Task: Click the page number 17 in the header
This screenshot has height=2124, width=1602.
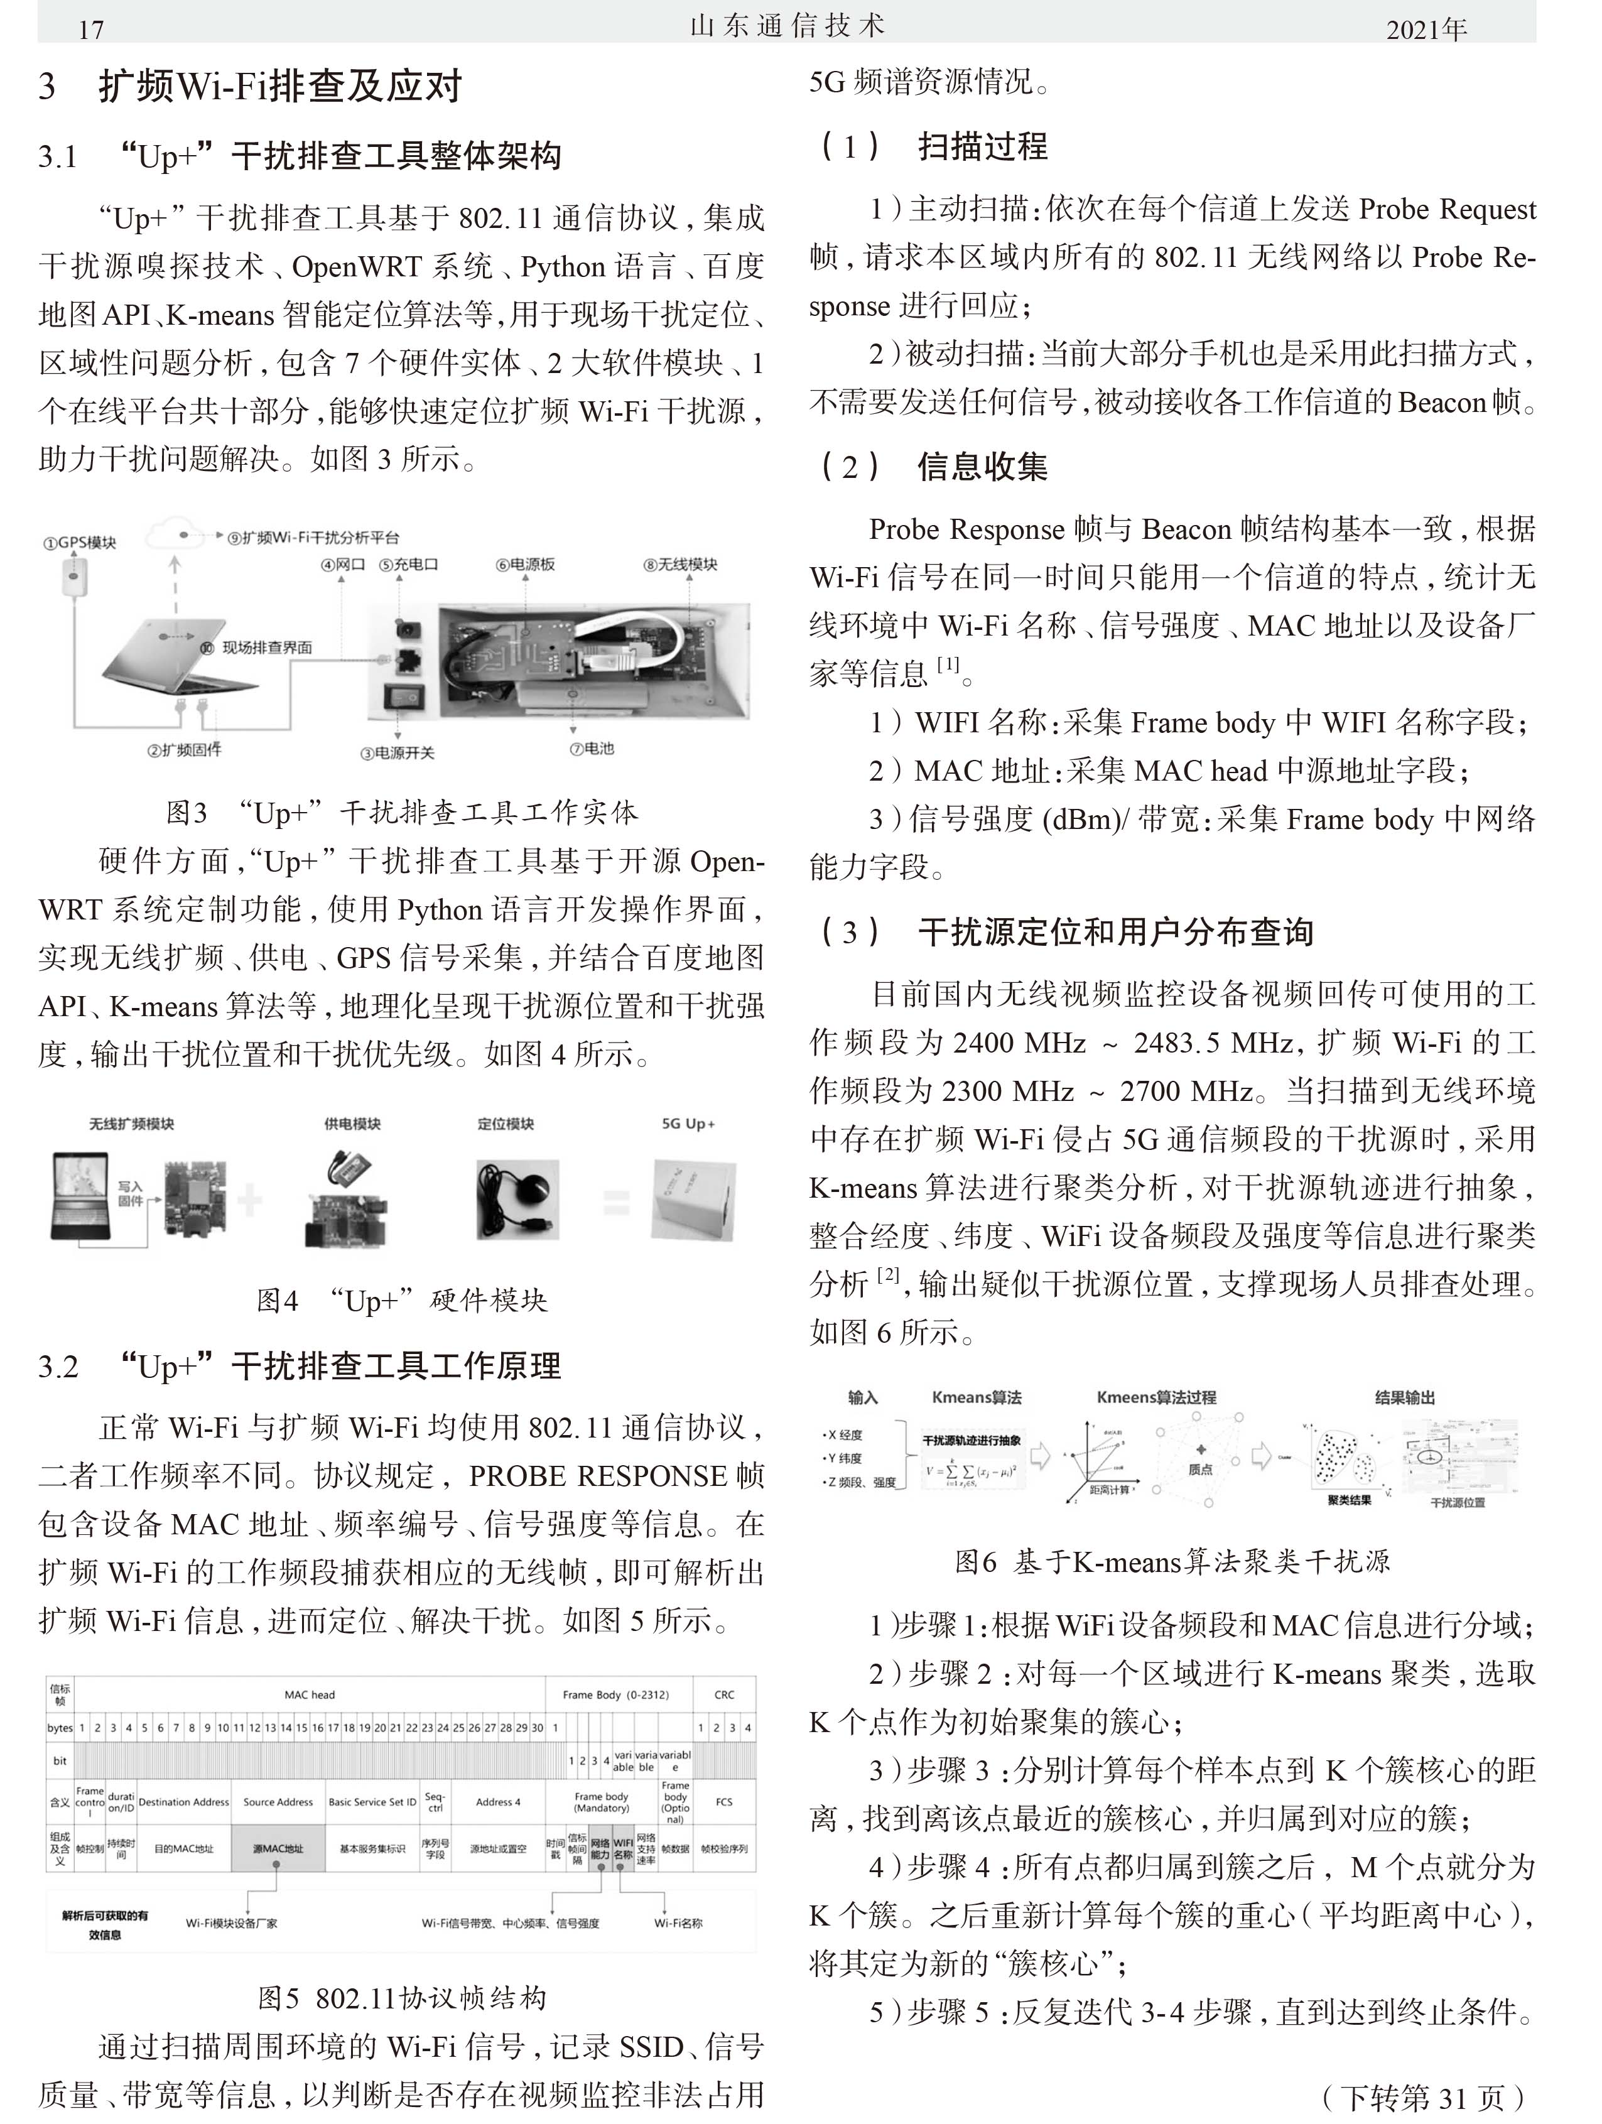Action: pos(90,30)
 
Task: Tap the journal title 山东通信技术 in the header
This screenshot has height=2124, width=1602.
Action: pos(787,26)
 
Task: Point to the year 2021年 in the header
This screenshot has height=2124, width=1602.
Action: pos(1426,30)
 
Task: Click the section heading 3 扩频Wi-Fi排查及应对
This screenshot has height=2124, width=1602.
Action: pos(251,87)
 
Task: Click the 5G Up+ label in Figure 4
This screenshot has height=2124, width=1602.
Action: pos(688,1124)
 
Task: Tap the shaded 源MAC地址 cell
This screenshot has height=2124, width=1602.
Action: pos(278,1848)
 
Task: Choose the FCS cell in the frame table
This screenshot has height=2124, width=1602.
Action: pos(723,1802)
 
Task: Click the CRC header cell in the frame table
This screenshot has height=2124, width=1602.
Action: pos(723,1695)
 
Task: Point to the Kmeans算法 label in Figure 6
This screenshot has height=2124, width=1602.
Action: pos(977,1397)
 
